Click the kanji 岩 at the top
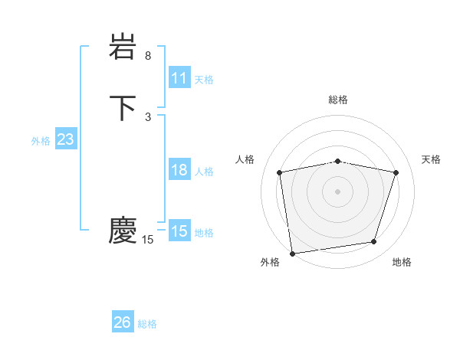(123, 47)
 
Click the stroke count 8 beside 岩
(148, 56)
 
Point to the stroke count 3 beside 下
(148, 116)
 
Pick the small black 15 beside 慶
(148, 240)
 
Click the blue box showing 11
(179, 78)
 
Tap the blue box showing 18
(179, 170)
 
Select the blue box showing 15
(179, 231)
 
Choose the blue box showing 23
(66, 139)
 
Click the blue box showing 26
(123, 322)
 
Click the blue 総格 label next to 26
(147, 324)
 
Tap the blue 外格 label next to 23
(41, 141)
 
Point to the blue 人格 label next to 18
(204, 172)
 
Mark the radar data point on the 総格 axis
(337, 161)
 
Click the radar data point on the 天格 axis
(396, 172)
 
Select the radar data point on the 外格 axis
(292, 252)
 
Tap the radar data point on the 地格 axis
(374, 242)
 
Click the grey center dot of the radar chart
(337, 191)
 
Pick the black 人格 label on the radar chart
(245, 159)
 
